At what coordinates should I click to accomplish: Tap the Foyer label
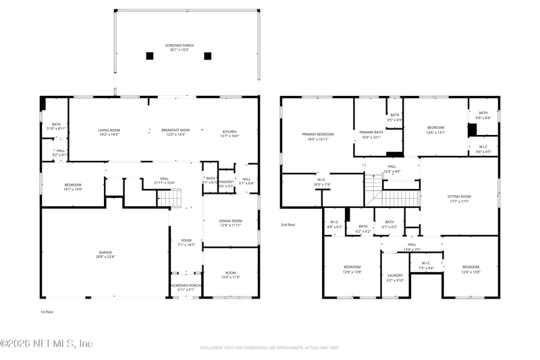coord(186,242)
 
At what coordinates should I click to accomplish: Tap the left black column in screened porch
coord(149,56)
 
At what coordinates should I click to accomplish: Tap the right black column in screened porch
coord(207,56)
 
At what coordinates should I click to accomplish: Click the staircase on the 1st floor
coord(169,198)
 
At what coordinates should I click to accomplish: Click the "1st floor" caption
coord(48,312)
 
